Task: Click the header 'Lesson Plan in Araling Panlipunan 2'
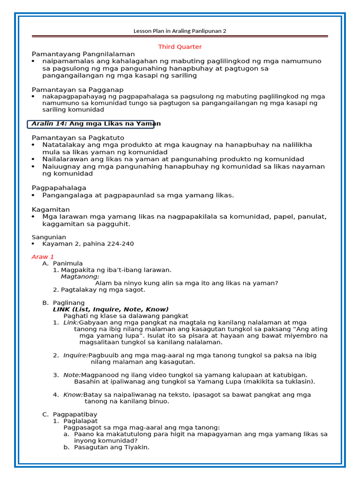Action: [180, 31]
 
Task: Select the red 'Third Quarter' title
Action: [180, 47]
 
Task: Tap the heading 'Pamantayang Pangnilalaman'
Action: [83, 54]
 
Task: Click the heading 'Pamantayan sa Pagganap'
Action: [77, 90]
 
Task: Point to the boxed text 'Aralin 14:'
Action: [49, 124]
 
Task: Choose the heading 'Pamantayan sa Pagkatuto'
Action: [78, 138]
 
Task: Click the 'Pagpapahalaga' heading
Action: [59, 187]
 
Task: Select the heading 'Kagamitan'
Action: [51, 209]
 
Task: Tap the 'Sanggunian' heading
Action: [49, 237]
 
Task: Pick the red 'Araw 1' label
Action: [43, 257]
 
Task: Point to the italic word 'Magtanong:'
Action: [80, 277]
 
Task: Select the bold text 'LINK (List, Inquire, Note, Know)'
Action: [111, 309]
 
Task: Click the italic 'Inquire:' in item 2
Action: [75, 355]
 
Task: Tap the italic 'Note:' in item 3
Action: [72, 375]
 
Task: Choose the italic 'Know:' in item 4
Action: [73, 395]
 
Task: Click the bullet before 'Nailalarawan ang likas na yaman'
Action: [33, 159]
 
